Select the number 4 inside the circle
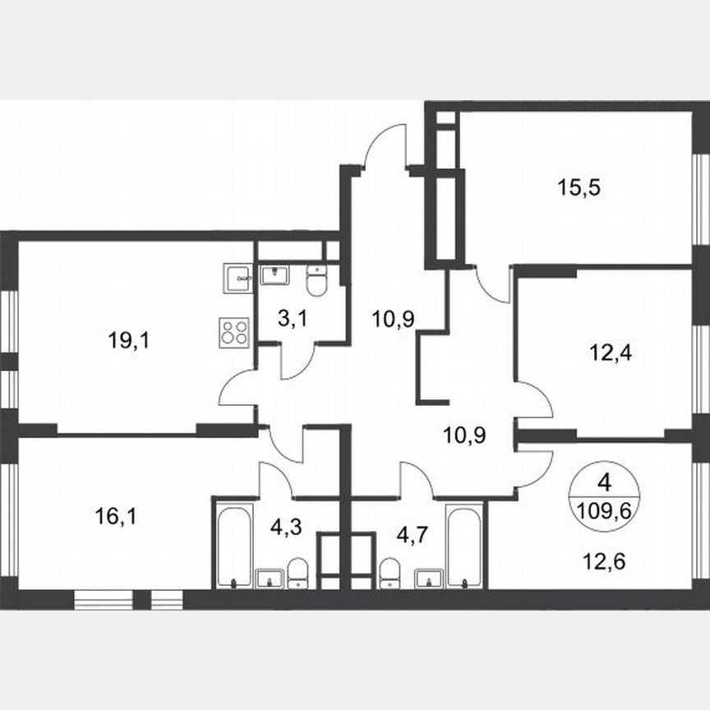pos(605,482)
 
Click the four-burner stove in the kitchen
pos(233,332)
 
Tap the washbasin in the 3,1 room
pos(275,274)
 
